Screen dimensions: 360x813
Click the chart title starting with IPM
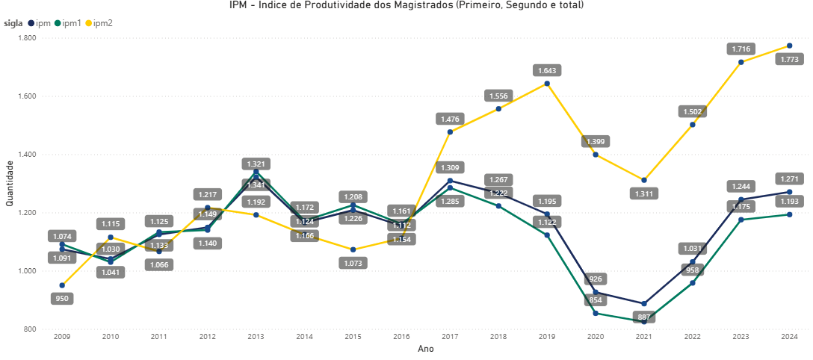pyautogui.click(x=406, y=6)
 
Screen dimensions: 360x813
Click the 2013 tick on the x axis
pyautogui.click(x=256, y=338)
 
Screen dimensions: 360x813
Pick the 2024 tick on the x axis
pyautogui.click(x=789, y=338)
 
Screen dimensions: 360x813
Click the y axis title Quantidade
pyautogui.click(x=10, y=184)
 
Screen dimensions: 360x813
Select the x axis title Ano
pyautogui.click(x=426, y=349)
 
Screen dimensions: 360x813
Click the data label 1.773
pyautogui.click(x=789, y=59)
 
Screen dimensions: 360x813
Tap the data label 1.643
pyautogui.click(x=547, y=70)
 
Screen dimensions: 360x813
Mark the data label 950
pyautogui.click(x=62, y=299)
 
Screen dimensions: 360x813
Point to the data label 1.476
pyautogui.click(x=450, y=119)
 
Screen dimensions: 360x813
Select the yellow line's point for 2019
pyautogui.click(x=547, y=84)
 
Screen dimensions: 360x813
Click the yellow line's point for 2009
pyautogui.click(x=62, y=285)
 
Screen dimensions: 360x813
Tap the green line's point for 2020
pyautogui.click(x=596, y=313)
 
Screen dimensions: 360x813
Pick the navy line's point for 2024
pyautogui.click(x=789, y=192)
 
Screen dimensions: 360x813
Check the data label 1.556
pyautogui.click(x=498, y=96)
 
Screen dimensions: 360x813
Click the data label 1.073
pyautogui.click(x=353, y=263)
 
